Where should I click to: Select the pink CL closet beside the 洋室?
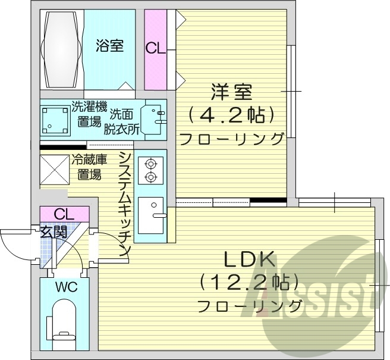tap(156, 49)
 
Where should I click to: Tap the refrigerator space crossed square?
tap(55, 170)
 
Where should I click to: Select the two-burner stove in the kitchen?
tap(150, 170)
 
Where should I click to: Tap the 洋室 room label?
tap(232, 92)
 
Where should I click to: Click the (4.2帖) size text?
tap(232, 114)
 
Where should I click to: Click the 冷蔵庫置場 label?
tap(89, 167)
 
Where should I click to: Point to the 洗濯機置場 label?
tap(89, 114)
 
